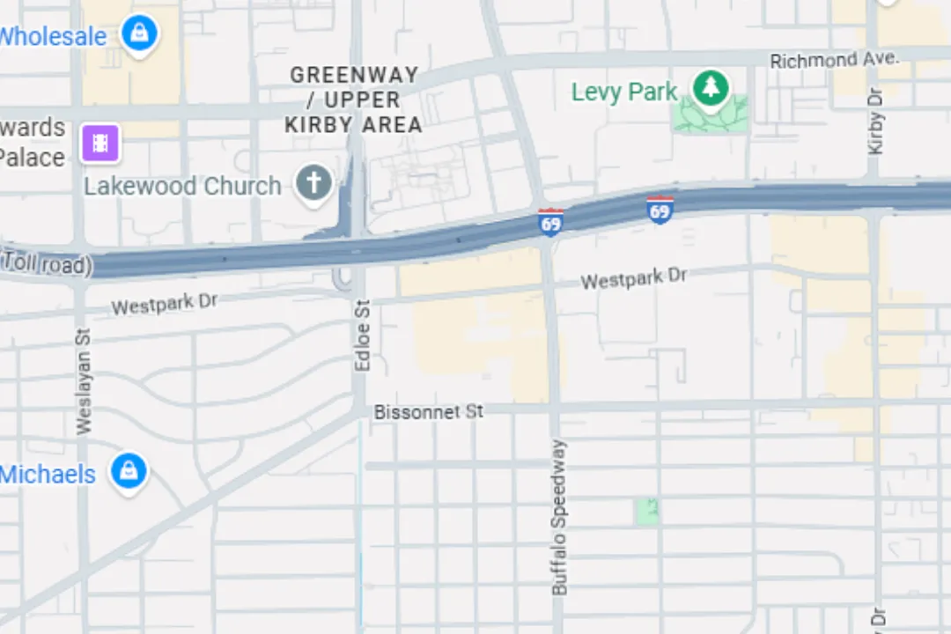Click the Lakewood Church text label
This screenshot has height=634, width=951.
click(182, 187)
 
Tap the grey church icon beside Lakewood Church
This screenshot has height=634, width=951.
click(313, 184)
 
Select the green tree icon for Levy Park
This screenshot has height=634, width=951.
click(710, 88)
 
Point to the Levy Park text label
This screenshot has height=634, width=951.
click(624, 92)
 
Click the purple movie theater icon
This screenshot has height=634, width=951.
click(100, 143)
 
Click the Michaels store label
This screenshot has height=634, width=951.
click(48, 475)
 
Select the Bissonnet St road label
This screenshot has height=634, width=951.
click(429, 411)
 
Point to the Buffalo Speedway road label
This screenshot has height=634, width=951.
click(559, 517)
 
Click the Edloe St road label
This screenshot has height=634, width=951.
click(362, 334)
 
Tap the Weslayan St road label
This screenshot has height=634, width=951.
click(84, 381)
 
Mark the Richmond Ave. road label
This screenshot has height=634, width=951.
click(834, 60)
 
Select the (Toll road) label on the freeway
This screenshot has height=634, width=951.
click(46, 263)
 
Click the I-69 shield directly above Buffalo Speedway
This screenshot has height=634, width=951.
click(550, 223)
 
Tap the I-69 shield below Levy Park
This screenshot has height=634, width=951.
click(660, 210)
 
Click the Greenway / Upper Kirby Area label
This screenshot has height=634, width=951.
click(354, 100)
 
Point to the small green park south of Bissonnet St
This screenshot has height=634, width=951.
click(647, 512)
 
